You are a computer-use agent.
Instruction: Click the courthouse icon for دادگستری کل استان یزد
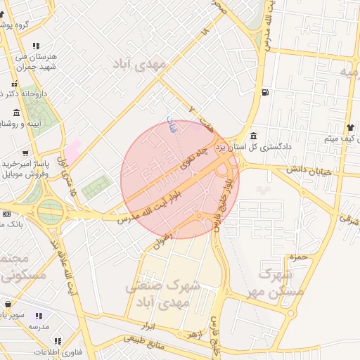[253, 136]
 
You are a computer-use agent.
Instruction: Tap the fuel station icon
[264, 92]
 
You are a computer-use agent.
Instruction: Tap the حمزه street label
[300, 257]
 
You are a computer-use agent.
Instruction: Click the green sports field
[97, 189]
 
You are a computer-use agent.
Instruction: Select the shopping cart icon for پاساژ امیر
[25, 153]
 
